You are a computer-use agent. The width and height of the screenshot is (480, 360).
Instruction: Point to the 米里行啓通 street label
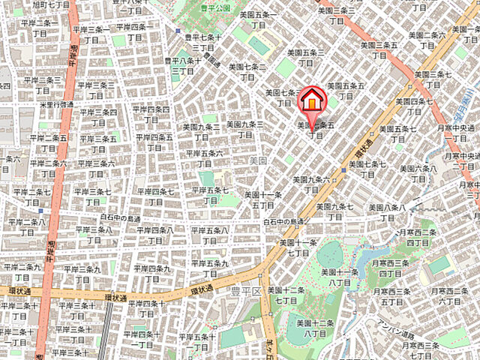tap(56, 104)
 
